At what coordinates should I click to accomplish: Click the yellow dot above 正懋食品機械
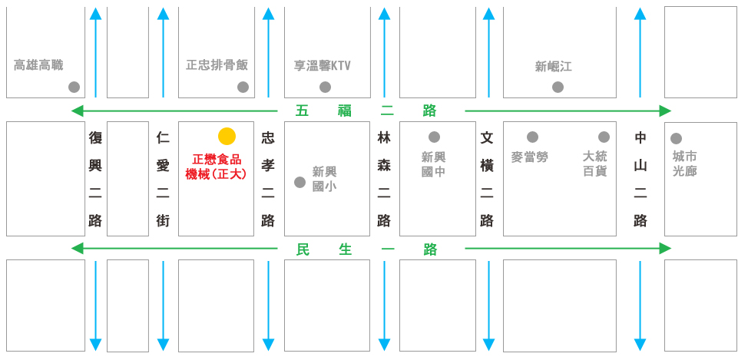coord(227,137)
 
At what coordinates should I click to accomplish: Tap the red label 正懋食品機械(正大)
coord(216,167)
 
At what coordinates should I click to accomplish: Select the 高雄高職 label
coord(38,64)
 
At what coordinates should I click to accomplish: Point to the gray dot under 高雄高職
coord(74,87)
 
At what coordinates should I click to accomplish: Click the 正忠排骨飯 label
coord(217,64)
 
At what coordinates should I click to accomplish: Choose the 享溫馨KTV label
coord(323,65)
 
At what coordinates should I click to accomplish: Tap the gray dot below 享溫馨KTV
coord(325,87)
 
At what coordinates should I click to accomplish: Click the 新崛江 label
coord(554,67)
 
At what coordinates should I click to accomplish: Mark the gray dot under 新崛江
coord(558,87)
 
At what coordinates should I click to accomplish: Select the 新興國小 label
coord(324,179)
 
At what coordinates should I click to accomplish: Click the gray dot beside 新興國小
coord(300,182)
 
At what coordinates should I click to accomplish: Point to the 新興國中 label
coord(434,164)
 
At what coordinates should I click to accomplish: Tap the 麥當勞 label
coord(530,157)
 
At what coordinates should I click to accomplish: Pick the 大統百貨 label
coord(595,163)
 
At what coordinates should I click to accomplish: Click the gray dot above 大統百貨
coord(604,137)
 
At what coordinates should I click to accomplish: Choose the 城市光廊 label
coord(684,163)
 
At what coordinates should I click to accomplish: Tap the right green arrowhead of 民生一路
coord(665,249)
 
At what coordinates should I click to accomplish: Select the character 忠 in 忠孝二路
coord(267,138)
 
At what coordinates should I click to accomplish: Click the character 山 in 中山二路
coord(640,166)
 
